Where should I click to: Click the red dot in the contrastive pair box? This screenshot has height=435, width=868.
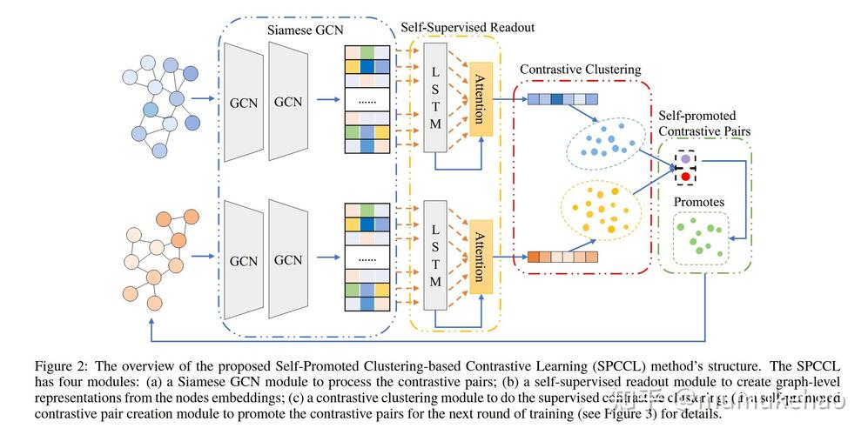point(686,177)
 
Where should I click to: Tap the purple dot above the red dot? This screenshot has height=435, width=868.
point(686,161)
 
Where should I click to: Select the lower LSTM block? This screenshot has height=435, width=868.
point(435,258)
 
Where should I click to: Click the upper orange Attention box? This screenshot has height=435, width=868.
point(481,98)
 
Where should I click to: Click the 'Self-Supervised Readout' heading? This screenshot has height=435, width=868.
point(468,27)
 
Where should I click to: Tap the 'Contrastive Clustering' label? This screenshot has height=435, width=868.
point(580,69)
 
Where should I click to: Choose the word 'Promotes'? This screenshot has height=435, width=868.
point(698,202)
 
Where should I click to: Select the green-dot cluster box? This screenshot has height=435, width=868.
point(700,237)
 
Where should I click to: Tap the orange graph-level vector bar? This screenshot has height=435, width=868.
point(563,257)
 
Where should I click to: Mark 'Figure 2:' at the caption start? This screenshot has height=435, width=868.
point(59,365)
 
